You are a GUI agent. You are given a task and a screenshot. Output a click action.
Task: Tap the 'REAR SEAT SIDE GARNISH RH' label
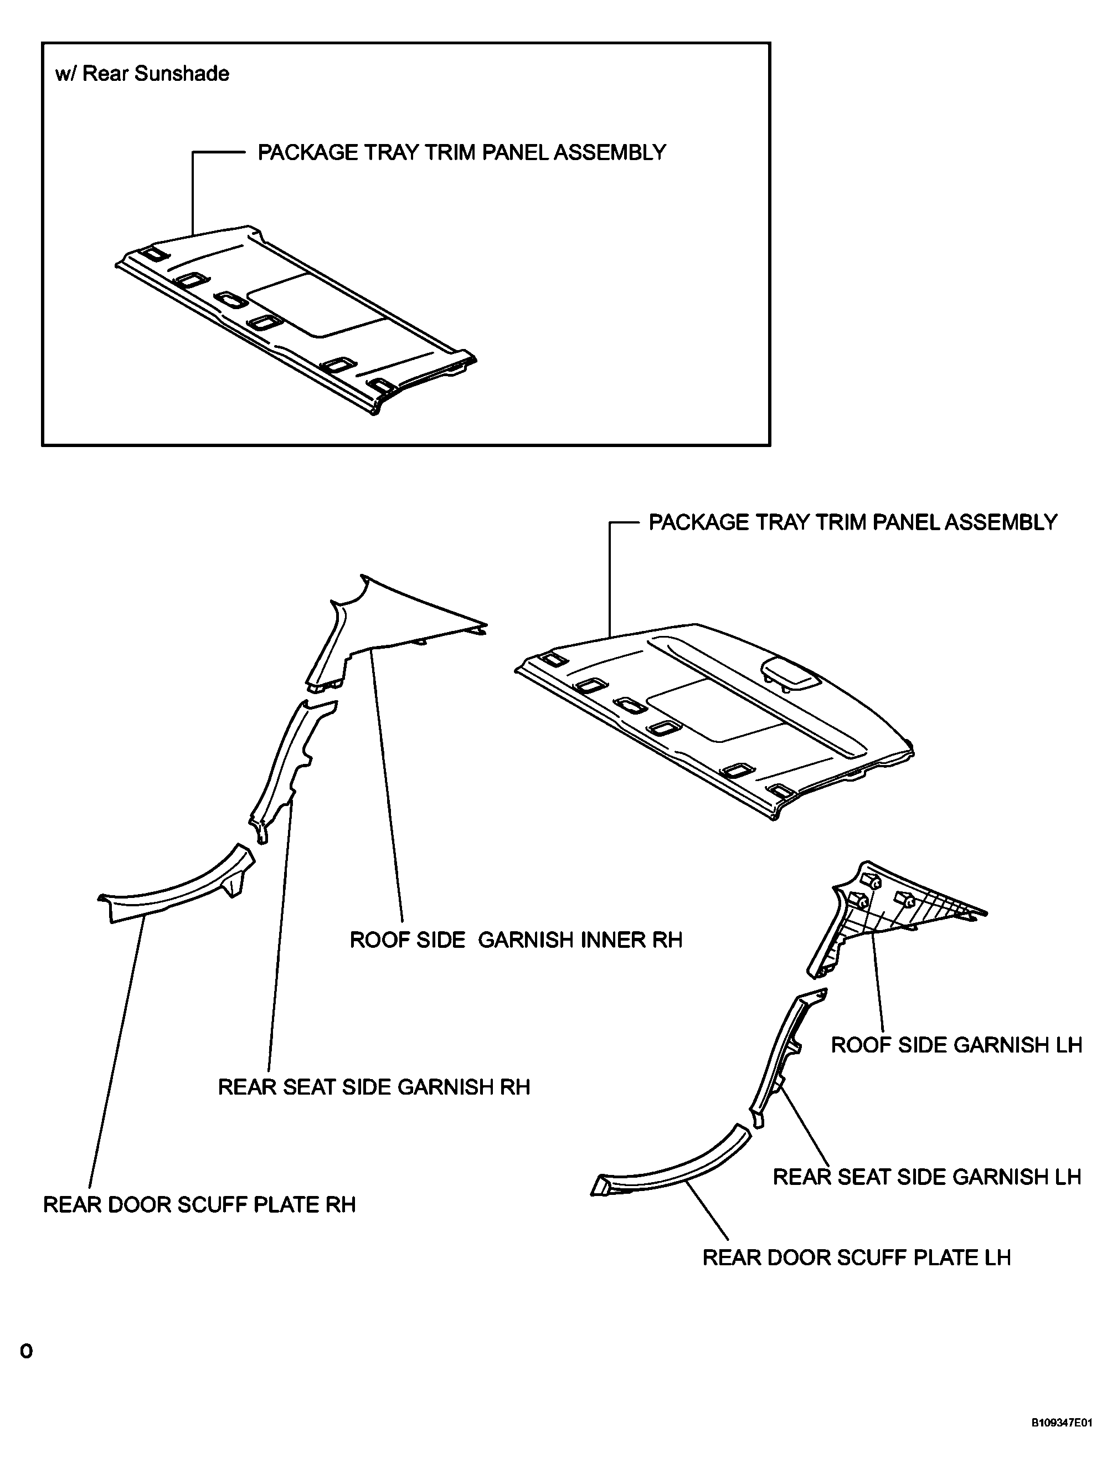(x=374, y=1087)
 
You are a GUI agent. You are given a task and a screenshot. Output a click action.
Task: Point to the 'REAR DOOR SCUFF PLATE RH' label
(x=199, y=1204)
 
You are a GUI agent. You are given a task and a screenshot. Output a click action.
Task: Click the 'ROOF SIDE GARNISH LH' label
(x=956, y=1045)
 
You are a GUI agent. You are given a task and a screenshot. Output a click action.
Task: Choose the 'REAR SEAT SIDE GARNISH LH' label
(x=927, y=1177)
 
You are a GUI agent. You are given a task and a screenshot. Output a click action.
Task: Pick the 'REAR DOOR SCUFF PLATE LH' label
(x=856, y=1257)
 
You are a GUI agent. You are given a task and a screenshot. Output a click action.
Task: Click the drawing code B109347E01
(x=1061, y=1441)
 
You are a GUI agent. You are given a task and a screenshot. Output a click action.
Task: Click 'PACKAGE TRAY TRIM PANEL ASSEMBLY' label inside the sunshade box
(x=461, y=153)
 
